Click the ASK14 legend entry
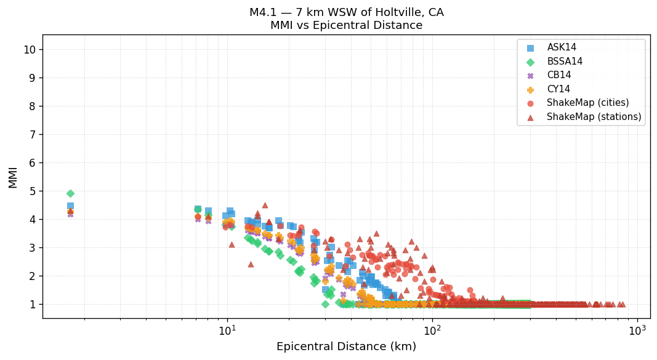(x=562, y=47)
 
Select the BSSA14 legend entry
(x=565, y=62)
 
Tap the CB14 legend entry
(x=558, y=75)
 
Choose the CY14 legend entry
(x=558, y=89)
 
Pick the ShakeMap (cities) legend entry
(x=587, y=103)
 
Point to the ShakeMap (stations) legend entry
(x=594, y=117)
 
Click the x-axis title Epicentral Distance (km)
(x=346, y=347)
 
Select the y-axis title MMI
(x=13, y=177)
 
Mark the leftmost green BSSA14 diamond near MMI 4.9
(x=70, y=194)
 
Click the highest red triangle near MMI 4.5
(x=265, y=206)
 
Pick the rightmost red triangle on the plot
(x=622, y=304)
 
